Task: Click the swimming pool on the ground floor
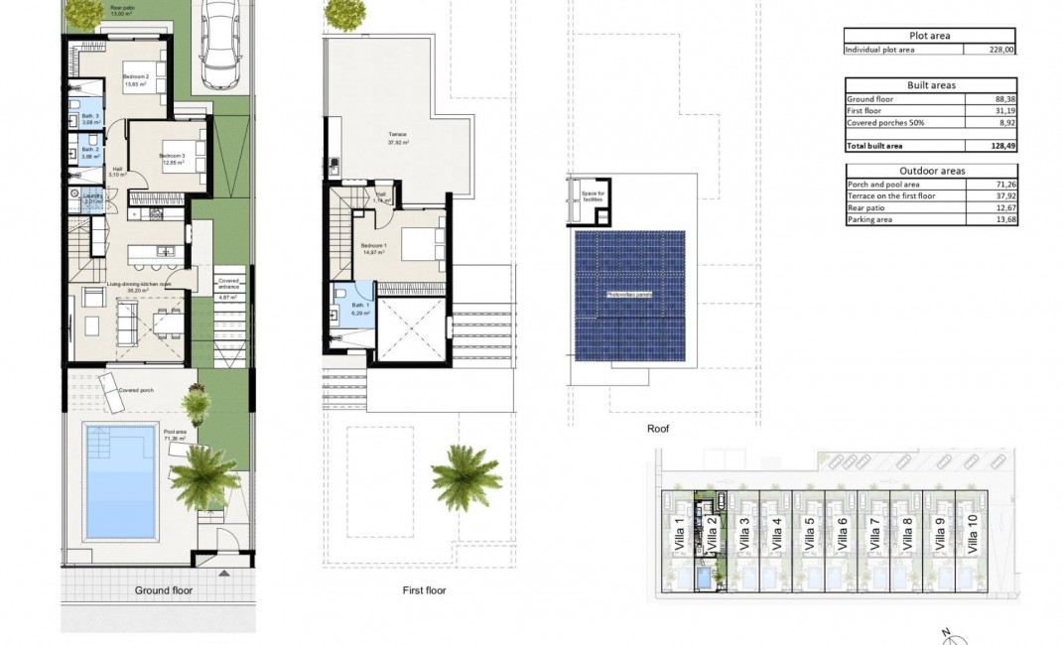click(120, 479)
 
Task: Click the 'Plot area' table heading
click(930, 36)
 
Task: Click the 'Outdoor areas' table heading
click(930, 171)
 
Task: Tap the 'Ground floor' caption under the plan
click(164, 590)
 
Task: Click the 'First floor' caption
click(424, 590)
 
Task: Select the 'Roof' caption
click(658, 430)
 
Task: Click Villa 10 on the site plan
click(972, 537)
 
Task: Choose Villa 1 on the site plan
click(680, 537)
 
